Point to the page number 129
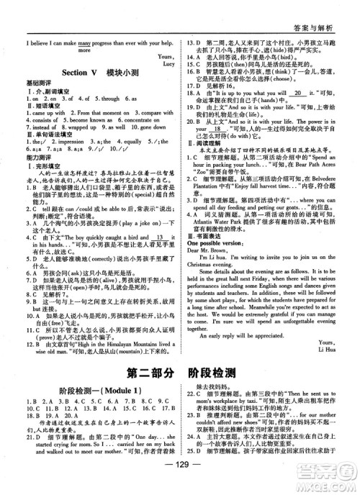180,484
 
